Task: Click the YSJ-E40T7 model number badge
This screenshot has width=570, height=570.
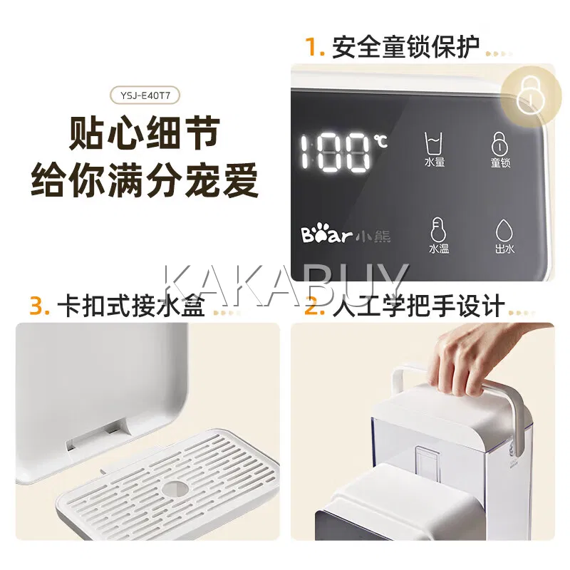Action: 145,96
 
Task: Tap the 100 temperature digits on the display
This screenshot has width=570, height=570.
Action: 336,152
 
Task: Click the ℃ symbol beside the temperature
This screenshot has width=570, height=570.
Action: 382,140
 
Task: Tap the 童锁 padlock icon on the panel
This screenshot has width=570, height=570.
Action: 500,144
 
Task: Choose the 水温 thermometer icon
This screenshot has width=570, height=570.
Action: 438,229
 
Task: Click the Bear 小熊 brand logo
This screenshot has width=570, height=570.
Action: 346,236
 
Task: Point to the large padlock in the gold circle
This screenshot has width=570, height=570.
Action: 530,95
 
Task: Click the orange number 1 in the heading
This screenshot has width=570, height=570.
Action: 313,47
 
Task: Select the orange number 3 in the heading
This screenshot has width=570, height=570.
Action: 39,306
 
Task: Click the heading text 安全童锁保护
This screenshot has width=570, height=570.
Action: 405,47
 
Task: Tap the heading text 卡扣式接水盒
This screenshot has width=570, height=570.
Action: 131,306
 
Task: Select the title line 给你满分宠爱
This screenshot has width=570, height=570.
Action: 145,180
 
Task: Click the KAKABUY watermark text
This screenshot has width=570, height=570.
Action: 286,284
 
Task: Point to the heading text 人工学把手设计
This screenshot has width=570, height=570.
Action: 418,306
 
